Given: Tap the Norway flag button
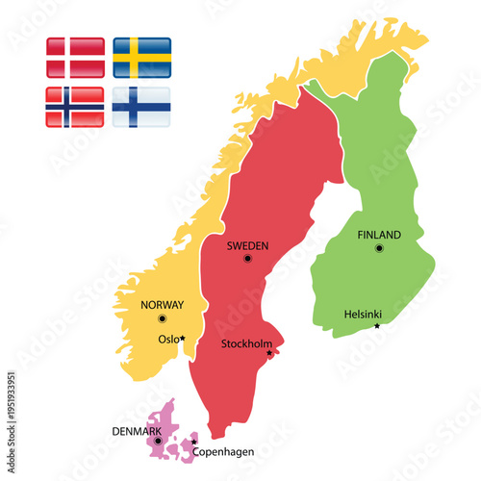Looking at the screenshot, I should [75, 107].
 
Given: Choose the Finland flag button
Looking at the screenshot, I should [142, 107].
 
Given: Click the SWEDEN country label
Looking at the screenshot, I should [247, 246].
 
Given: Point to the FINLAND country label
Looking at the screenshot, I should [379, 235].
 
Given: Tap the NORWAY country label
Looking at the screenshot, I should [162, 305].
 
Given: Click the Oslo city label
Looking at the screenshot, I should [167, 339].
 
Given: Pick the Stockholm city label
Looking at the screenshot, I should [246, 343].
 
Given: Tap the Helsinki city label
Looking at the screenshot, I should [364, 314].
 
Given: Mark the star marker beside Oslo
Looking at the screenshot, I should [183, 339].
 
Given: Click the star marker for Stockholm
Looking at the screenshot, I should [269, 353].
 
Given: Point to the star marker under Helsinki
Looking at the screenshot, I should [377, 326].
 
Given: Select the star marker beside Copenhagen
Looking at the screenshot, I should [193, 442].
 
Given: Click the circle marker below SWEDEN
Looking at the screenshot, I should [247, 259].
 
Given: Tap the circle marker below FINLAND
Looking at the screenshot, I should [379, 248].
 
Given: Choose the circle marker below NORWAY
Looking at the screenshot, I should [162, 318].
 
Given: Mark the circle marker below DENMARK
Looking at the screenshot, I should [145, 441].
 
